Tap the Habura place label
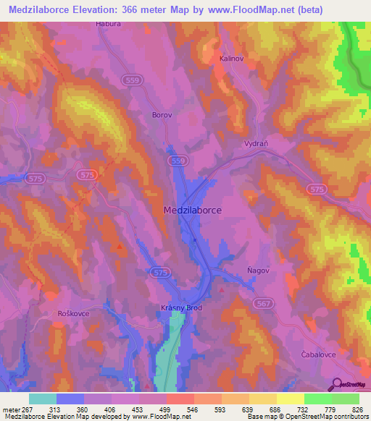(x=107, y=24)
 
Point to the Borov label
(x=161, y=114)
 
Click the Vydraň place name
(x=256, y=143)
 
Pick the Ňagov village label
(x=257, y=271)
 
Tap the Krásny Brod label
(x=180, y=308)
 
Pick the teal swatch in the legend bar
(x=43, y=399)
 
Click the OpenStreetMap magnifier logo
(x=335, y=383)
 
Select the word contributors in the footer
(x=345, y=417)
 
